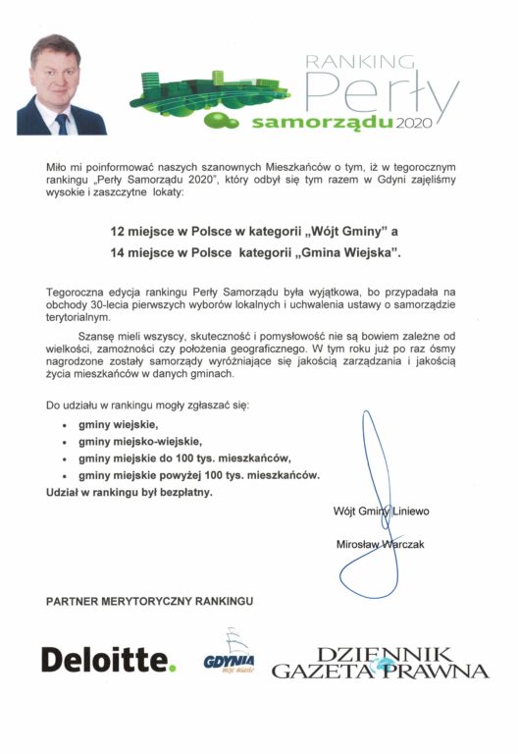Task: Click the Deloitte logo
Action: tap(108, 659)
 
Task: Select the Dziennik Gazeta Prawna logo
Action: tap(380, 663)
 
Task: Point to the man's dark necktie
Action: tap(62, 123)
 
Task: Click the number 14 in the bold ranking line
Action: tap(118, 253)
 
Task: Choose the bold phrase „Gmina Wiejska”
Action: tap(345, 253)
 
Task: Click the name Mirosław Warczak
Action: tap(378, 543)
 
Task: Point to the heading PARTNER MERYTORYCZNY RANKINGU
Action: tap(149, 599)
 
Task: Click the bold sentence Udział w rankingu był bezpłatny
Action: tap(129, 491)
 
